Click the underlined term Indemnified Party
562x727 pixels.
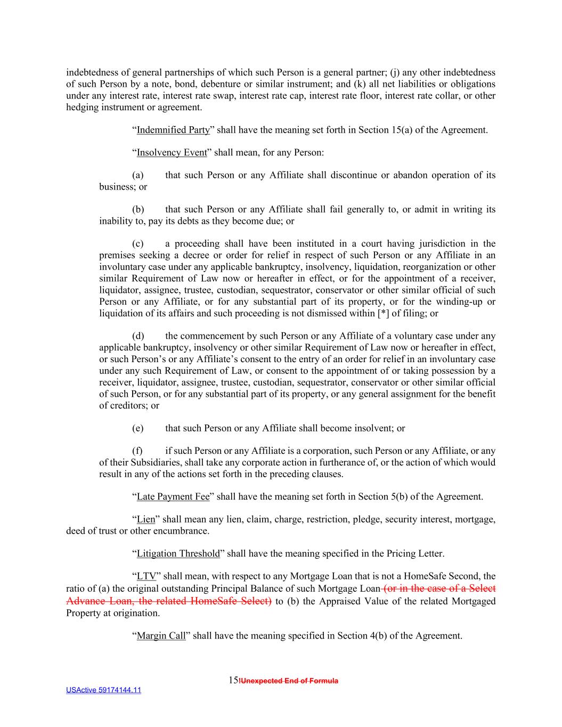coord(173,130)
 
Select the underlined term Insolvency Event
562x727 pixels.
coord(172,153)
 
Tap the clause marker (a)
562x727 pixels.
coord(138,176)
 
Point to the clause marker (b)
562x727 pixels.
coord(138,210)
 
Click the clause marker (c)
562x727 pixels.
coord(138,244)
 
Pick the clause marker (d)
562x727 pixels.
coord(138,336)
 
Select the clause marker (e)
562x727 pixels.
coord(138,428)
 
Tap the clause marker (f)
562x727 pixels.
coord(137,451)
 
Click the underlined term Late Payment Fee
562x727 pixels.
coord(173,497)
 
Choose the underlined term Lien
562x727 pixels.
coord(146,520)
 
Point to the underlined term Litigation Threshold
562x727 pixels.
coord(178,554)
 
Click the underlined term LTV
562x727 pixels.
coord(146,576)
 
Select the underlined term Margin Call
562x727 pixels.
coord(161,636)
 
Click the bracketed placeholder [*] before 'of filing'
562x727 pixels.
coord(383,313)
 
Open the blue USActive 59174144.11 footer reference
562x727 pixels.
coord(103,690)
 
